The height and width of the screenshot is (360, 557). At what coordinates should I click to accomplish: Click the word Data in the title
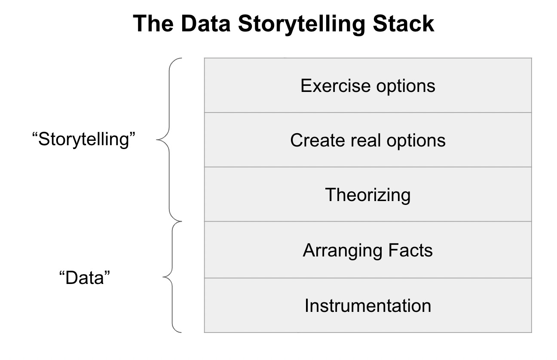click(206, 24)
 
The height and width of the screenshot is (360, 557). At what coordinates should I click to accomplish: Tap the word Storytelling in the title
click(302, 24)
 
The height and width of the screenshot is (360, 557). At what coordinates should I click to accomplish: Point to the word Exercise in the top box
click(335, 85)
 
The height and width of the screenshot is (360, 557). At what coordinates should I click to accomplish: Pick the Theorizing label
click(368, 195)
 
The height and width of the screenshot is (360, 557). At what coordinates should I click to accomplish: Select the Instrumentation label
click(368, 305)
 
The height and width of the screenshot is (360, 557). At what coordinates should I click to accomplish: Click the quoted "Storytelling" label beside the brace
click(84, 140)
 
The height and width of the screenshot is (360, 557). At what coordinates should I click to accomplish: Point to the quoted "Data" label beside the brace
click(84, 278)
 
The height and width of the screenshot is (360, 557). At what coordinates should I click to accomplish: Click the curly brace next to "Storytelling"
click(169, 140)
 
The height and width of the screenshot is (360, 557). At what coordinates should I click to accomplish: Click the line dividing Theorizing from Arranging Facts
click(368, 222)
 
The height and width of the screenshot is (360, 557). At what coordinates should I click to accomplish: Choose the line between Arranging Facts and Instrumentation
click(368, 278)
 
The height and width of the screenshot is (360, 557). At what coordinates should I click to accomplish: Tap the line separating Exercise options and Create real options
click(368, 113)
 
